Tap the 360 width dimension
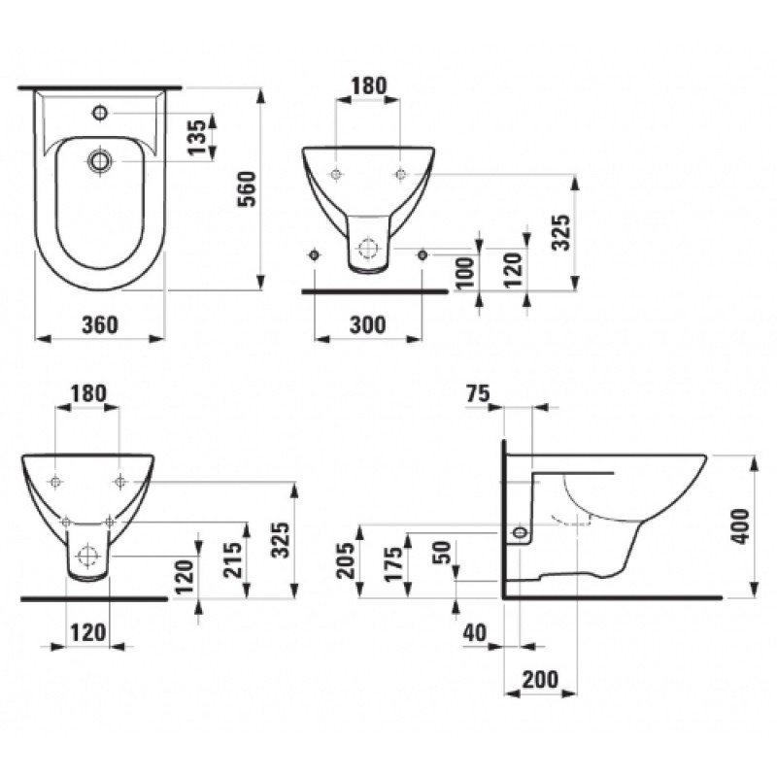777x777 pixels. (x=100, y=324)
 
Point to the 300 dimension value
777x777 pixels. (x=367, y=324)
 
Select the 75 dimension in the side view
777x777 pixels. (x=478, y=392)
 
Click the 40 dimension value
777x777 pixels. (x=474, y=632)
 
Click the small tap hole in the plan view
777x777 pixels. (x=99, y=114)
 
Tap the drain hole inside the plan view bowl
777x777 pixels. (x=99, y=159)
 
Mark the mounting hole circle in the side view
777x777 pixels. (x=522, y=532)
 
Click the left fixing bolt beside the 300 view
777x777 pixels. (x=313, y=254)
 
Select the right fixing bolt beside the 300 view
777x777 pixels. (x=422, y=254)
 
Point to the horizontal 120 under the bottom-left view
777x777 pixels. (x=87, y=632)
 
